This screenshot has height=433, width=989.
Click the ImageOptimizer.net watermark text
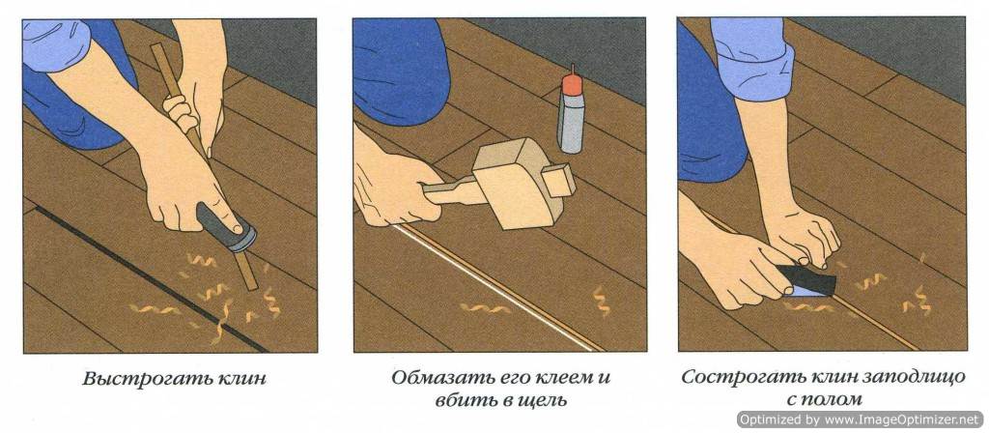pos(860,419)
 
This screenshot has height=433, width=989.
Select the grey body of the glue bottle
pos(571,123)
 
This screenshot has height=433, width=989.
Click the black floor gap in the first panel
pos(149,277)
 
